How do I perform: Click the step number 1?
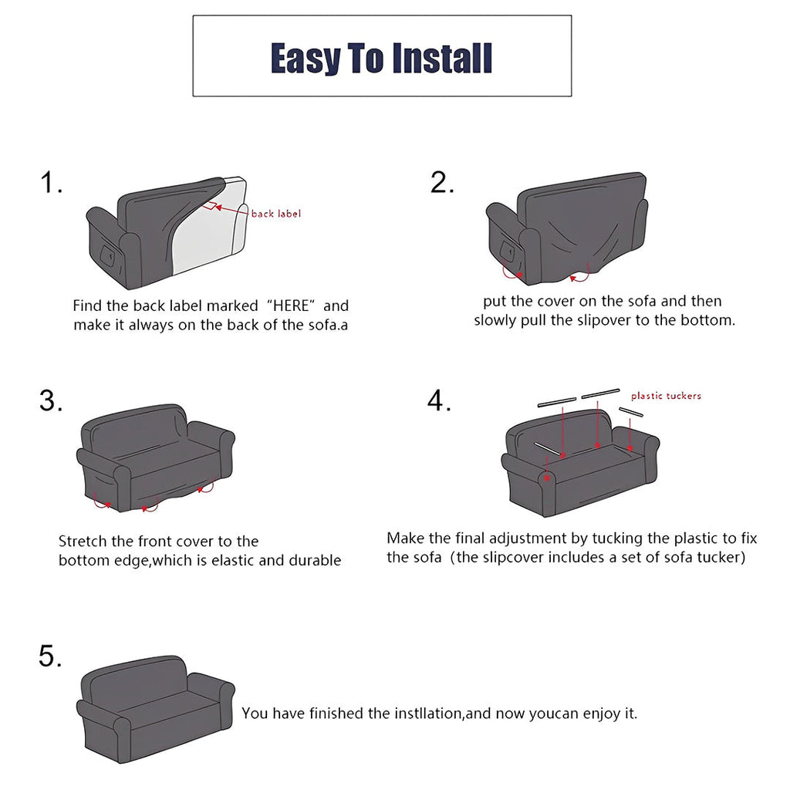coord(51,184)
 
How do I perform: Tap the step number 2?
coord(442,183)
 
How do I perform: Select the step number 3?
coord(51,401)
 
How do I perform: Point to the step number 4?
coord(439,401)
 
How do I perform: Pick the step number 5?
coord(50,657)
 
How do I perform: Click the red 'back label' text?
coord(275,214)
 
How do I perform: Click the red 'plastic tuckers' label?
coord(666,396)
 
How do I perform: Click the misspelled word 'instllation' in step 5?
coord(417,714)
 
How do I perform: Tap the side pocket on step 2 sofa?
coord(506,250)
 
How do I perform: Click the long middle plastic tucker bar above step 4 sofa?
coord(601,393)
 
